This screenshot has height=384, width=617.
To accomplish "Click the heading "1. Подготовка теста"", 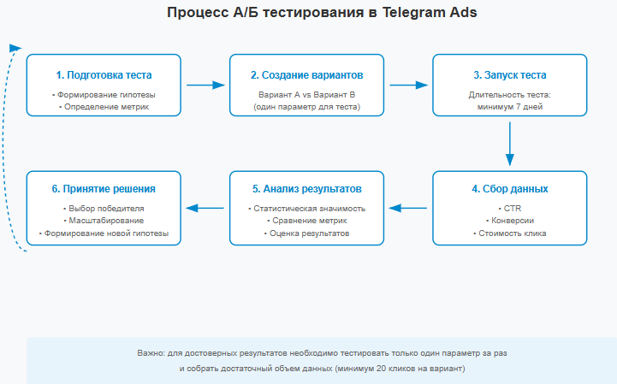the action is (x=104, y=75).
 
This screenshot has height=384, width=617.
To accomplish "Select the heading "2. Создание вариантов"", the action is (x=307, y=75).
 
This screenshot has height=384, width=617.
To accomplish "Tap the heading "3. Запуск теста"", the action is (x=510, y=75).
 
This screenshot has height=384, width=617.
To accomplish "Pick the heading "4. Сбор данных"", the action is (x=510, y=189).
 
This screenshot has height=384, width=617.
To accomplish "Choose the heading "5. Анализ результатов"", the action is (x=307, y=189).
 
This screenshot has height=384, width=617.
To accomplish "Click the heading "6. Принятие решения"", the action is (x=104, y=189).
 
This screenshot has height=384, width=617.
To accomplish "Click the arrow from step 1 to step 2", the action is (x=205, y=85).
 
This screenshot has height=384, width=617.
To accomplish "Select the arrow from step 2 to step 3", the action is (x=408, y=85).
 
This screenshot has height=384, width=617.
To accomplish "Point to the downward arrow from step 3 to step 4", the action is (x=510, y=144).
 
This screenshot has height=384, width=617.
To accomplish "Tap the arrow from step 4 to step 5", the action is (x=408, y=208).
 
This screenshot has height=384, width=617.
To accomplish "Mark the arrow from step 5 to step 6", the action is (x=205, y=208).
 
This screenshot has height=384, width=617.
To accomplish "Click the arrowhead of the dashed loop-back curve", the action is (x=15, y=48).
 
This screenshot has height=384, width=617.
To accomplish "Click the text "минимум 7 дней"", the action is (x=510, y=107).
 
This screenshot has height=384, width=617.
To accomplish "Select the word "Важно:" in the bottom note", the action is (x=151, y=353).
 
